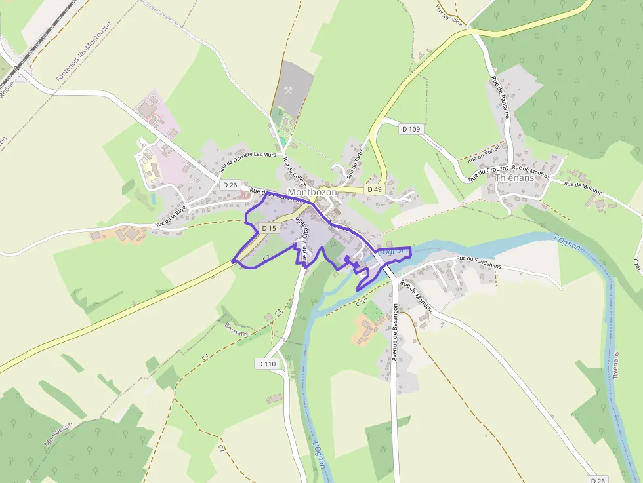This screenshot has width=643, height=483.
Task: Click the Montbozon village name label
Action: (312, 193)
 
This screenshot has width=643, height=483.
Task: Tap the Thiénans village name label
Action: (514, 178)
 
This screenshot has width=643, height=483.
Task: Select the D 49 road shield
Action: (374, 189)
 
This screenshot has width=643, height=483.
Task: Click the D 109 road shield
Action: (411, 129)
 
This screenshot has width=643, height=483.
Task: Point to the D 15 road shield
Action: (268, 228)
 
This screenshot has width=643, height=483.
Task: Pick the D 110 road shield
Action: (267, 363)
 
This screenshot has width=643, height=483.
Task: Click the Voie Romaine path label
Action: (449, 15)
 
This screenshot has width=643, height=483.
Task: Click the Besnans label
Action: (236, 328)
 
